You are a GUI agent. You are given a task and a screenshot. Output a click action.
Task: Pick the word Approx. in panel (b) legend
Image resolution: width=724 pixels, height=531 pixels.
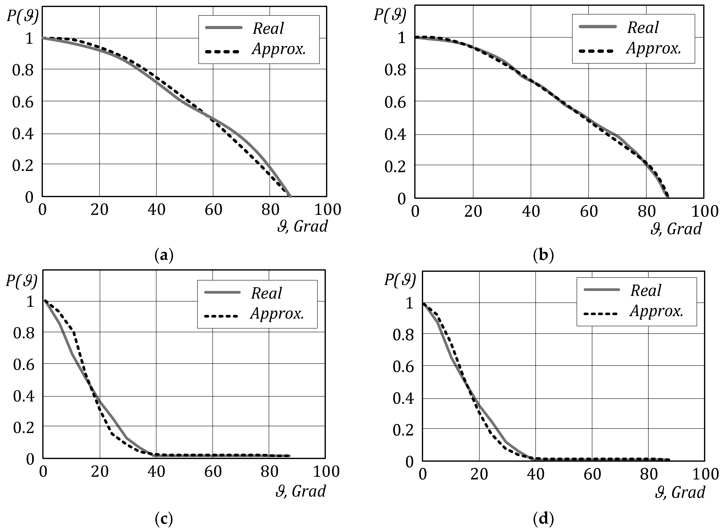(654, 48)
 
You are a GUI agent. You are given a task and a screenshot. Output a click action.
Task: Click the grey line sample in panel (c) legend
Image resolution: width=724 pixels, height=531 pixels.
(222, 292)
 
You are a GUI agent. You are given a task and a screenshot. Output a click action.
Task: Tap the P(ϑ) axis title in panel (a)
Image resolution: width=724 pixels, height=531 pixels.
(22, 15)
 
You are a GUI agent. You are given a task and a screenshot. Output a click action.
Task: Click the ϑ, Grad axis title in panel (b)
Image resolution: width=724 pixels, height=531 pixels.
(676, 229)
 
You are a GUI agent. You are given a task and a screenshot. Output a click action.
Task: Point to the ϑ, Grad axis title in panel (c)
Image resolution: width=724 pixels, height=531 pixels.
(301, 491)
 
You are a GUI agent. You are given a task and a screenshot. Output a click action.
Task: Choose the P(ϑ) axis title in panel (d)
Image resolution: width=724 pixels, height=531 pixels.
(400, 280)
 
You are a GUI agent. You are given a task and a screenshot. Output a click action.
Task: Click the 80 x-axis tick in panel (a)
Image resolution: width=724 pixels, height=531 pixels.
(270, 210)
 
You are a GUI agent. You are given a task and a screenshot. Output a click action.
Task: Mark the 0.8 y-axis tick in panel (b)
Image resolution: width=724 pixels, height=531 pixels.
(395, 70)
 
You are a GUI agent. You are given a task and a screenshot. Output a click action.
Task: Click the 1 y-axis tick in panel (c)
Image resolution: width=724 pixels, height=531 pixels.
(30, 301)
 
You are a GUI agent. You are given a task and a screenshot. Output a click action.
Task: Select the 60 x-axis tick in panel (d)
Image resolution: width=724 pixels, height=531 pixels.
(592, 474)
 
